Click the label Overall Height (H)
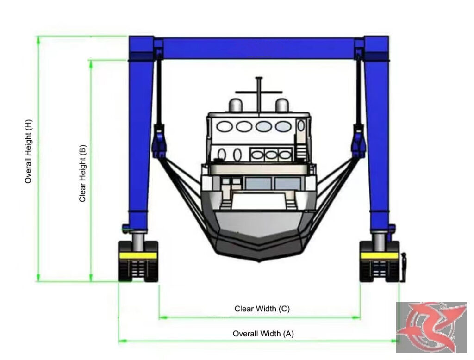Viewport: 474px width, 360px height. (28, 151)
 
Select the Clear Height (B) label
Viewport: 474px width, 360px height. (82, 174)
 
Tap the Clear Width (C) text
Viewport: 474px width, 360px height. (262, 309)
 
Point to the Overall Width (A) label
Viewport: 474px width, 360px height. (263, 334)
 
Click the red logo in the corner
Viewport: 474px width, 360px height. (431, 327)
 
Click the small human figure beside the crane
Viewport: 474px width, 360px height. (403, 268)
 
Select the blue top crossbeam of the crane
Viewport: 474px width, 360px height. (259, 49)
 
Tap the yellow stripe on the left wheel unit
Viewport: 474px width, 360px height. (138, 255)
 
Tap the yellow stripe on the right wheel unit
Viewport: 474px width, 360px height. (380, 256)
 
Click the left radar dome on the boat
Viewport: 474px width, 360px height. (236, 105)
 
